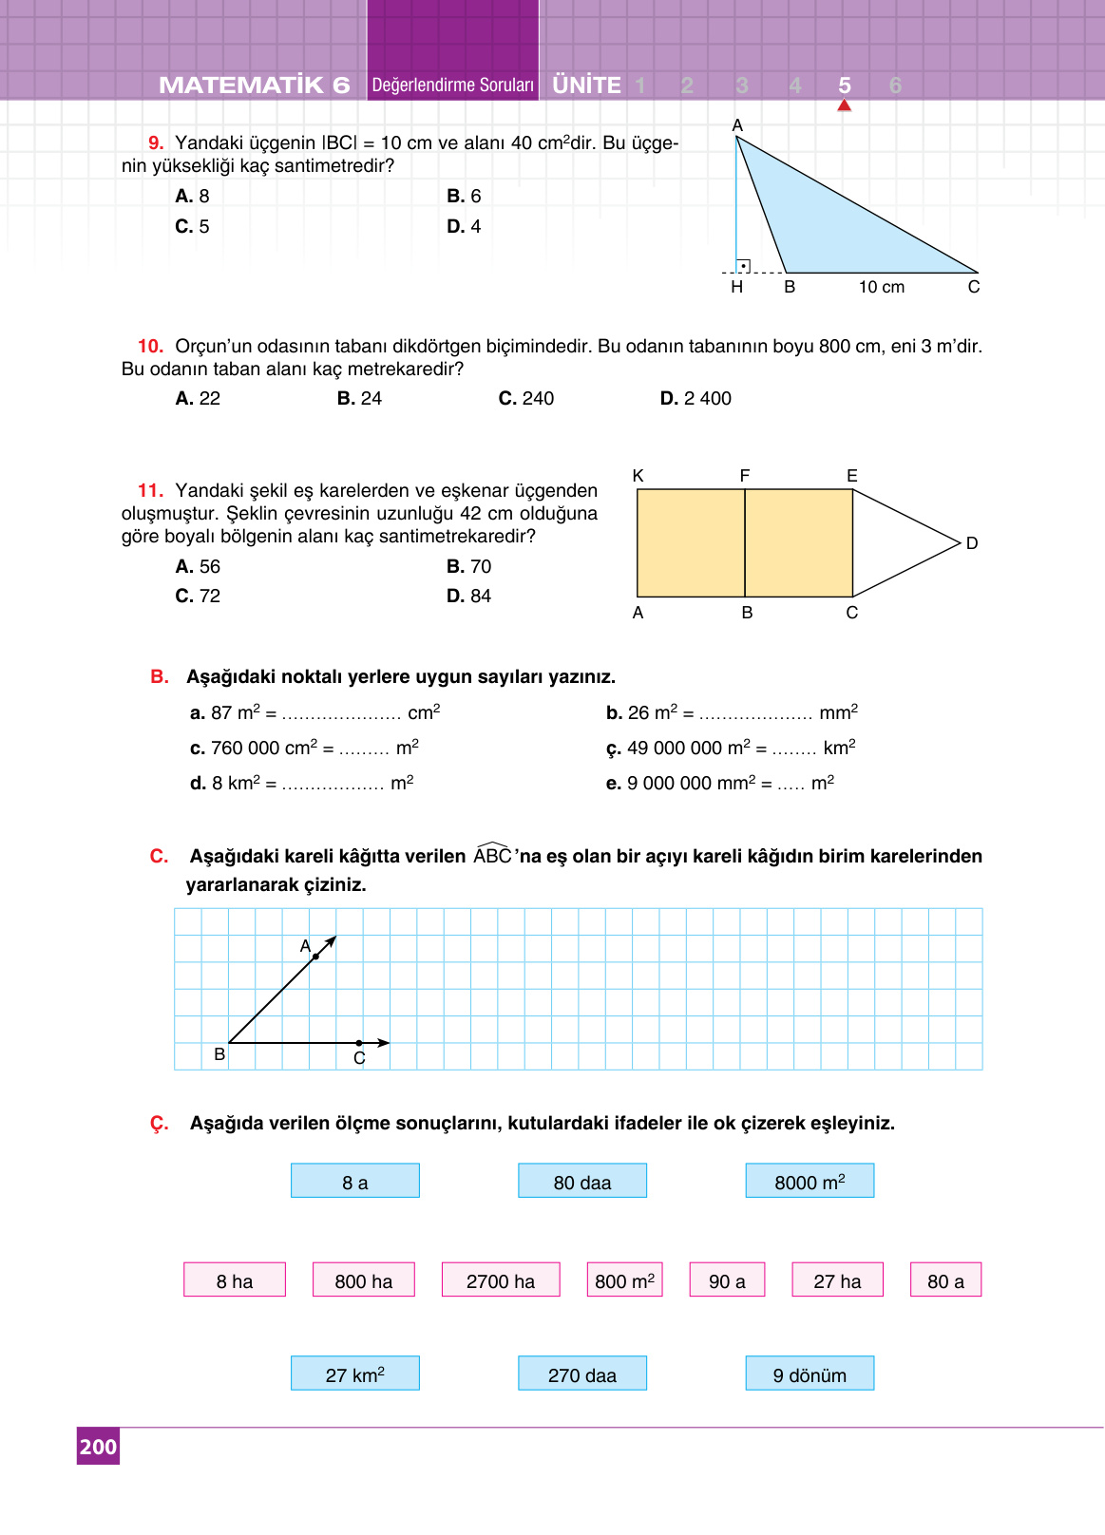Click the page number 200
98,1447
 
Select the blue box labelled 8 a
354,1181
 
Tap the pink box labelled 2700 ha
501,1279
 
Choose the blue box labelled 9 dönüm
810,1374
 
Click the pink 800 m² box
624,1279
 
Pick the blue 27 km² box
354,1374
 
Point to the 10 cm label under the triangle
882,287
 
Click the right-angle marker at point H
743,266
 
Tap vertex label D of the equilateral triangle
972,543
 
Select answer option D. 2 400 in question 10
695,399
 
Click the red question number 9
156,143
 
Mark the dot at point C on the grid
359,1043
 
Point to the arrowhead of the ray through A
331,941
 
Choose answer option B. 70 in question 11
469,567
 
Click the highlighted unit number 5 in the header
845,85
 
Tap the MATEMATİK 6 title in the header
255,85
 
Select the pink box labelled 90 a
727,1279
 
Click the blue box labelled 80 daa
581,1181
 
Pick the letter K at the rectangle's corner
638,476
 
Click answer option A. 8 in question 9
193,197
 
